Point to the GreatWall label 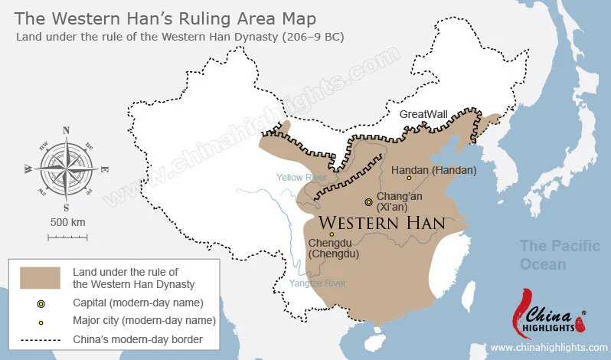point(423,114)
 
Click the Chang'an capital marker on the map point(369,201)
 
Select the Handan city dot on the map point(409,178)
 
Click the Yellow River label point(301,177)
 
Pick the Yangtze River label point(317,283)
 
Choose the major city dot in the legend point(41,321)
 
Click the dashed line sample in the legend point(41,339)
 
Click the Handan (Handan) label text point(433,169)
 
